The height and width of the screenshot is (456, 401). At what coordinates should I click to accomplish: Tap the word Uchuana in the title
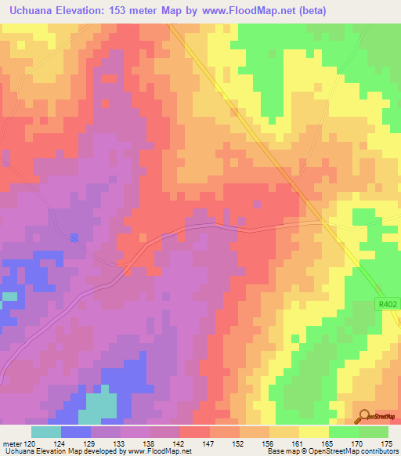pos(29,10)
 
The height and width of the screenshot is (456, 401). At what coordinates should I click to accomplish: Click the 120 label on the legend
pos(32,443)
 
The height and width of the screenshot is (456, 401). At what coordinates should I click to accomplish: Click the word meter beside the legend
pos(12,443)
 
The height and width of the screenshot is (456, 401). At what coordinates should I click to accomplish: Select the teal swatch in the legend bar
pos(46,432)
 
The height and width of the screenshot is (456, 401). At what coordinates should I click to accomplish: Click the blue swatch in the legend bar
pos(76,432)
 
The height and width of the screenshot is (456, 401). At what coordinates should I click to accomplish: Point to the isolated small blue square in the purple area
pos(74,237)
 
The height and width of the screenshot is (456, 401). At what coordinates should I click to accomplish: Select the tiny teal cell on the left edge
pos(9,296)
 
